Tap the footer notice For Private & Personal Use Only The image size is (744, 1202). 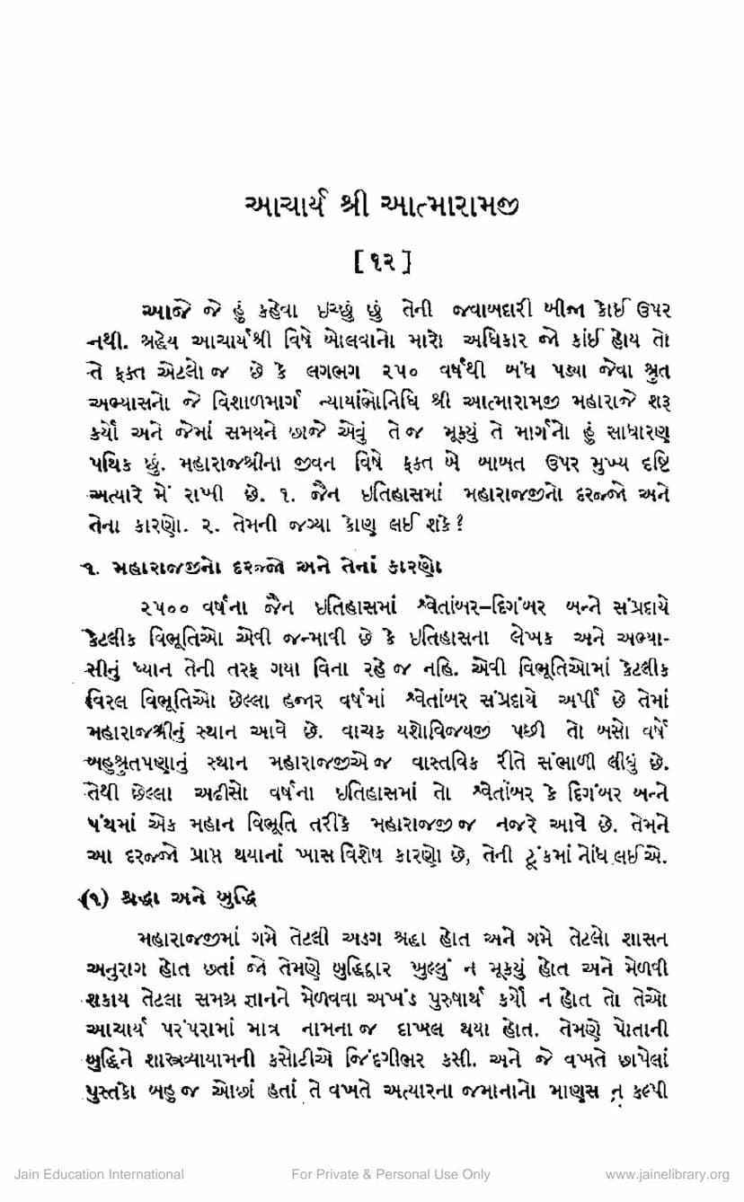coord(391,1174)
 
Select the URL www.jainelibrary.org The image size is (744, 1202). coord(667,1174)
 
